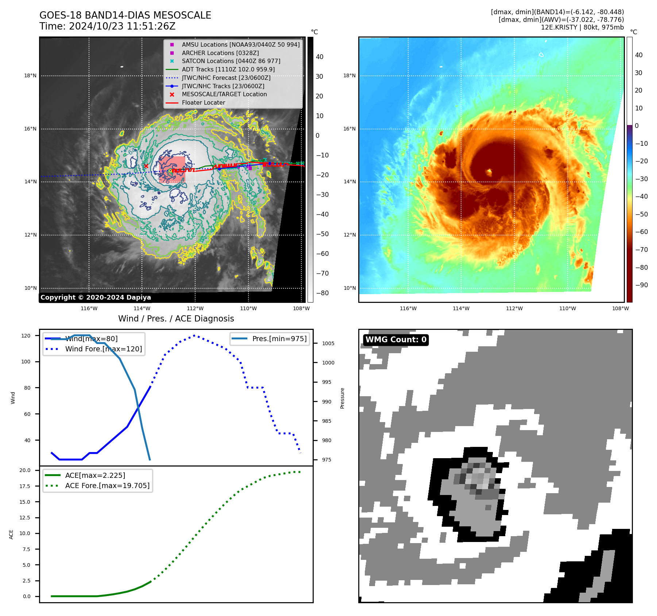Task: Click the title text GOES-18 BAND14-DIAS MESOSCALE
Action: pyautogui.click(x=125, y=15)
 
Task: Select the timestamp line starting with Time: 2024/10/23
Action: pyautogui.click(x=107, y=26)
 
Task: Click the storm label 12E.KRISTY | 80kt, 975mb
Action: pyautogui.click(x=582, y=27)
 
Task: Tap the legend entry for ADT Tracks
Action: pyautogui.click(x=228, y=69)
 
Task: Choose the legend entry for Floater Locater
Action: pyautogui.click(x=203, y=102)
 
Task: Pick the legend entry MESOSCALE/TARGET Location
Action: pyautogui.click(x=224, y=94)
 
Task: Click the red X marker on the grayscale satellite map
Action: pyautogui.click(x=146, y=166)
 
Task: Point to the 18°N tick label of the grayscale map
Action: pyautogui.click(x=30, y=76)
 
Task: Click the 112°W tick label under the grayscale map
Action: pyautogui.click(x=196, y=308)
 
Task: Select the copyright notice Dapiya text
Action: pyautogui.click(x=96, y=297)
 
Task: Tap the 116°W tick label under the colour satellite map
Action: pyautogui.click(x=408, y=308)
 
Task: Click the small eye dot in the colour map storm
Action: pyautogui.click(x=489, y=171)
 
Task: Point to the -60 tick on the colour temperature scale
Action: pyautogui.click(x=641, y=232)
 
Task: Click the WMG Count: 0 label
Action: pyautogui.click(x=396, y=340)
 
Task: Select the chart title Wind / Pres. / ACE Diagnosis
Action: pyautogui.click(x=176, y=319)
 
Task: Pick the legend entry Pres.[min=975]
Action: pyautogui.click(x=279, y=339)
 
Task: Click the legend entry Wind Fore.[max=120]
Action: pyautogui.click(x=103, y=349)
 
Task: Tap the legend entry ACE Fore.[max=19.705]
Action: pyautogui.click(x=107, y=486)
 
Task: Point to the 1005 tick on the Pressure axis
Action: pyautogui.click(x=328, y=343)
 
